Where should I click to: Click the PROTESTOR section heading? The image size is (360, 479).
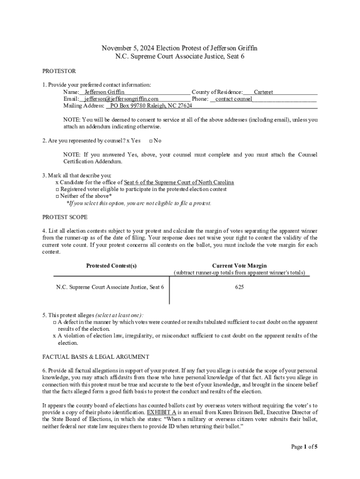pyautogui.click(x=59, y=71)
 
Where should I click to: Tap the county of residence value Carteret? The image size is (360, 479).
pyautogui.click(x=263, y=92)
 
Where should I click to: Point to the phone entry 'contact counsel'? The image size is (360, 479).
pyautogui.click(x=233, y=99)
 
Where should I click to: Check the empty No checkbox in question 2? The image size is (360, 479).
pyautogui.click(x=151, y=141)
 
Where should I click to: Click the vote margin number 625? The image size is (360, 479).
pyautogui.click(x=239, y=287)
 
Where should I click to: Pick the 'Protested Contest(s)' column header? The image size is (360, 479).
pyautogui.click(x=111, y=266)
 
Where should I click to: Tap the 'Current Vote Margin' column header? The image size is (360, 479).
pyautogui.click(x=239, y=266)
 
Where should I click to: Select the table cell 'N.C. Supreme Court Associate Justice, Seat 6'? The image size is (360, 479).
pyautogui.click(x=110, y=287)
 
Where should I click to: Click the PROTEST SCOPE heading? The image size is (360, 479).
pyautogui.click(x=65, y=217)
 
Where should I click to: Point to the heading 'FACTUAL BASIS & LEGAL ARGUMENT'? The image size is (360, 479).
pyautogui.click(x=96, y=356)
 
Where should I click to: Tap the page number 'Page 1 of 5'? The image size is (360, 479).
pyautogui.click(x=304, y=447)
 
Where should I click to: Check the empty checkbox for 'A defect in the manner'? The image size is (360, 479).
pyautogui.click(x=54, y=322)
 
